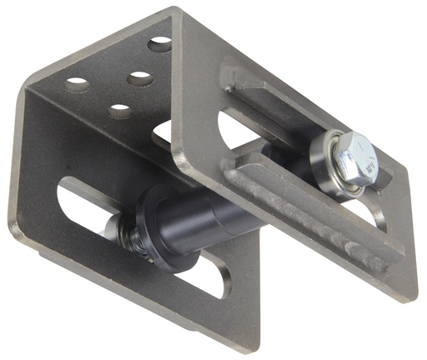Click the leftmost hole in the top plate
(x=77, y=84)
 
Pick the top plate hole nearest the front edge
(x=121, y=110)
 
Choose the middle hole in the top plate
(x=140, y=78)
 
